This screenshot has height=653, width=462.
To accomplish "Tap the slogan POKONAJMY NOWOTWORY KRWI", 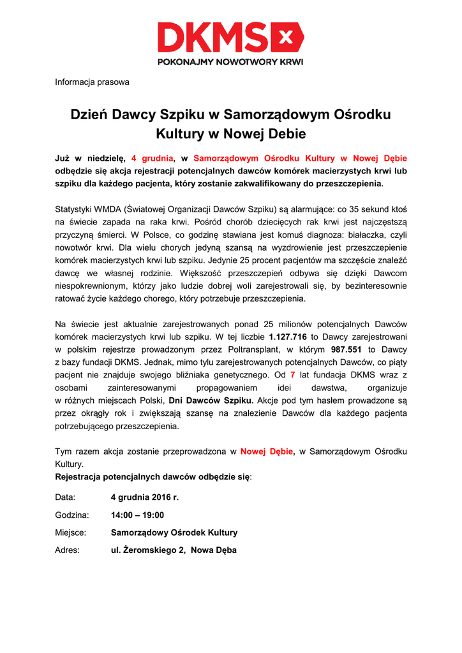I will tap(230, 62).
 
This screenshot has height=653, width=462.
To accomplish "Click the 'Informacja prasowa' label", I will tap(92, 82).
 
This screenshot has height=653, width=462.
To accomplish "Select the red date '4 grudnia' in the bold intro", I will tap(153, 158).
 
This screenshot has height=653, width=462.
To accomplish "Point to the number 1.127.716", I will tap(288, 337).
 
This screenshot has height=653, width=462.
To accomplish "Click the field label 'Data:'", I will tap(65, 497).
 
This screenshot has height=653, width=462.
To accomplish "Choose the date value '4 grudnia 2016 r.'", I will tap(145, 497).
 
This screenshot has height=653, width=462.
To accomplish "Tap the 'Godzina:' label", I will tap(72, 515).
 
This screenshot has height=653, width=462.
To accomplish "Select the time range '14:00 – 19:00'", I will tap(137, 515).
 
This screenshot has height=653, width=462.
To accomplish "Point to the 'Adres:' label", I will tap(67, 550).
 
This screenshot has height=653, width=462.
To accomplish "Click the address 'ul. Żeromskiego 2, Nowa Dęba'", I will tap(174, 550).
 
